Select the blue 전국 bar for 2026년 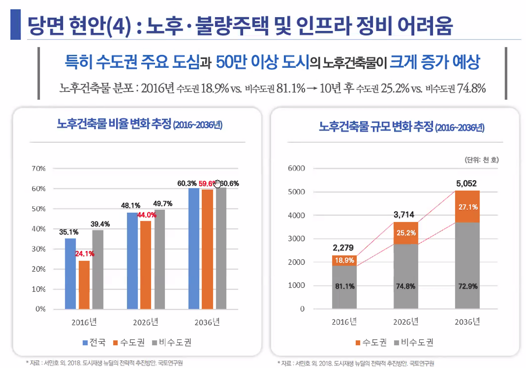(132, 260)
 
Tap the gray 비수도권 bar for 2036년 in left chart (221, 248)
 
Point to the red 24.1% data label (84, 254)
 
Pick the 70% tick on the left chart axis (38, 168)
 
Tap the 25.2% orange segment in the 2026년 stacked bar (406, 233)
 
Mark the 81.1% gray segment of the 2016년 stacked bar (345, 287)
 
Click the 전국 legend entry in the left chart (94, 342)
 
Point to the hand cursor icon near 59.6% (217, 183)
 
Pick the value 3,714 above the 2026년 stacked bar (406, 214)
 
